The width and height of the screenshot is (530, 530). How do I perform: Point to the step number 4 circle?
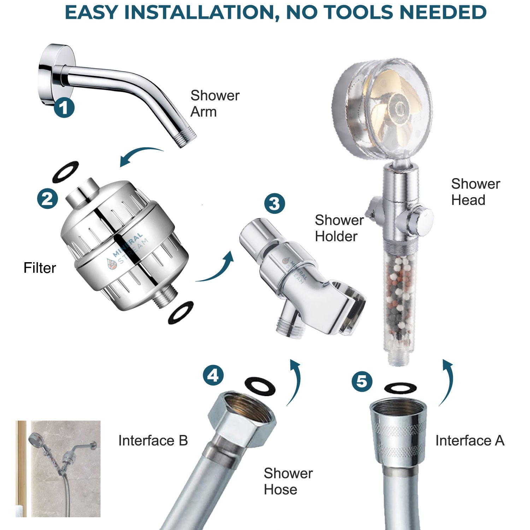tap(213, 375)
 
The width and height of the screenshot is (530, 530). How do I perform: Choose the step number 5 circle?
tap(362, 382)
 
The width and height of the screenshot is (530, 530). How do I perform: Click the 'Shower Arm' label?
tap(214, 104)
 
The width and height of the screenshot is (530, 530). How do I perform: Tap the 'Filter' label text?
tap(40, 268)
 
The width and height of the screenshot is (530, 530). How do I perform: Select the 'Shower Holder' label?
tap(338, 228)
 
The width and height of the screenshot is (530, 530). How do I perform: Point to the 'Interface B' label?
tap(153, 441)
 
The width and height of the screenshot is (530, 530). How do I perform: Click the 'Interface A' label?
tap(469, 441)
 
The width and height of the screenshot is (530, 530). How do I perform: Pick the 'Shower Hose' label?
tap(288, 481)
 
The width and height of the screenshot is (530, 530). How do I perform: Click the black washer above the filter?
tap(65, 172)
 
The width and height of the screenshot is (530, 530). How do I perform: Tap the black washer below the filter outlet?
tap(181, 312)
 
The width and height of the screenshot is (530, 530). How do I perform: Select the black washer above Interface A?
tap(400, 388)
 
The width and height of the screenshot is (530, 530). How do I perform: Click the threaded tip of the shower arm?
tap(187, 139)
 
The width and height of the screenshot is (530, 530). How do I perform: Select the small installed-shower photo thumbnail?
tap(58, 469)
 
